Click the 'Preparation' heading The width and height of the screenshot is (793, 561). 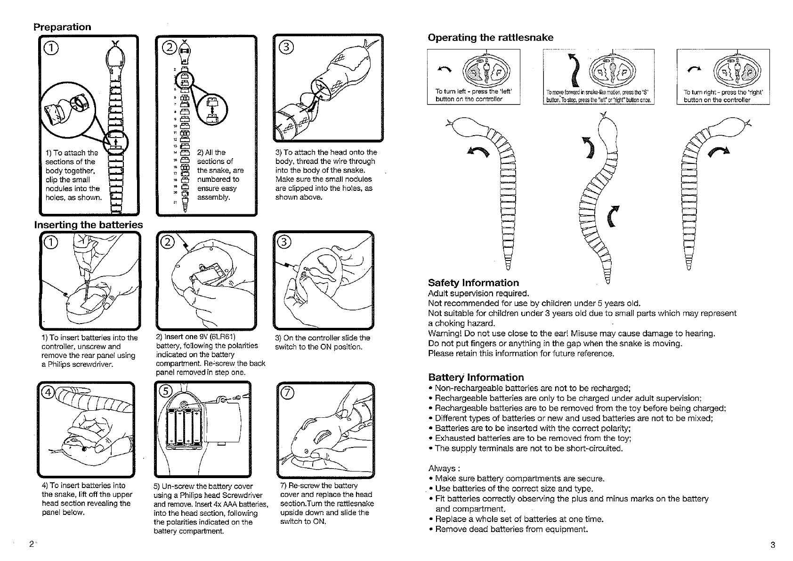click(x=62, y=27)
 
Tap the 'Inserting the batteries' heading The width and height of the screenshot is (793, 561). click(x=89, y=225)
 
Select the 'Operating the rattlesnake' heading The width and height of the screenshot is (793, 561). click(x=490, y=38)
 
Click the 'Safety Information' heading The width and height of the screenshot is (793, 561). click(x=473, y=283)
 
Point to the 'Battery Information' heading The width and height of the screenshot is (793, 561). click(x=476, y=377)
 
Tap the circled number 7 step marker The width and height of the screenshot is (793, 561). click(x=286, y=393)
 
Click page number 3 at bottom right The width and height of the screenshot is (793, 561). click(x=773, y=545)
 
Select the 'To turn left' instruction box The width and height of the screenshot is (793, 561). click(x=473, y=77)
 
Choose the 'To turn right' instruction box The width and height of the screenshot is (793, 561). click(x=722, y=77)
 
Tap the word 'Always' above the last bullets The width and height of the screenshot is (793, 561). click(x=442, y=468)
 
